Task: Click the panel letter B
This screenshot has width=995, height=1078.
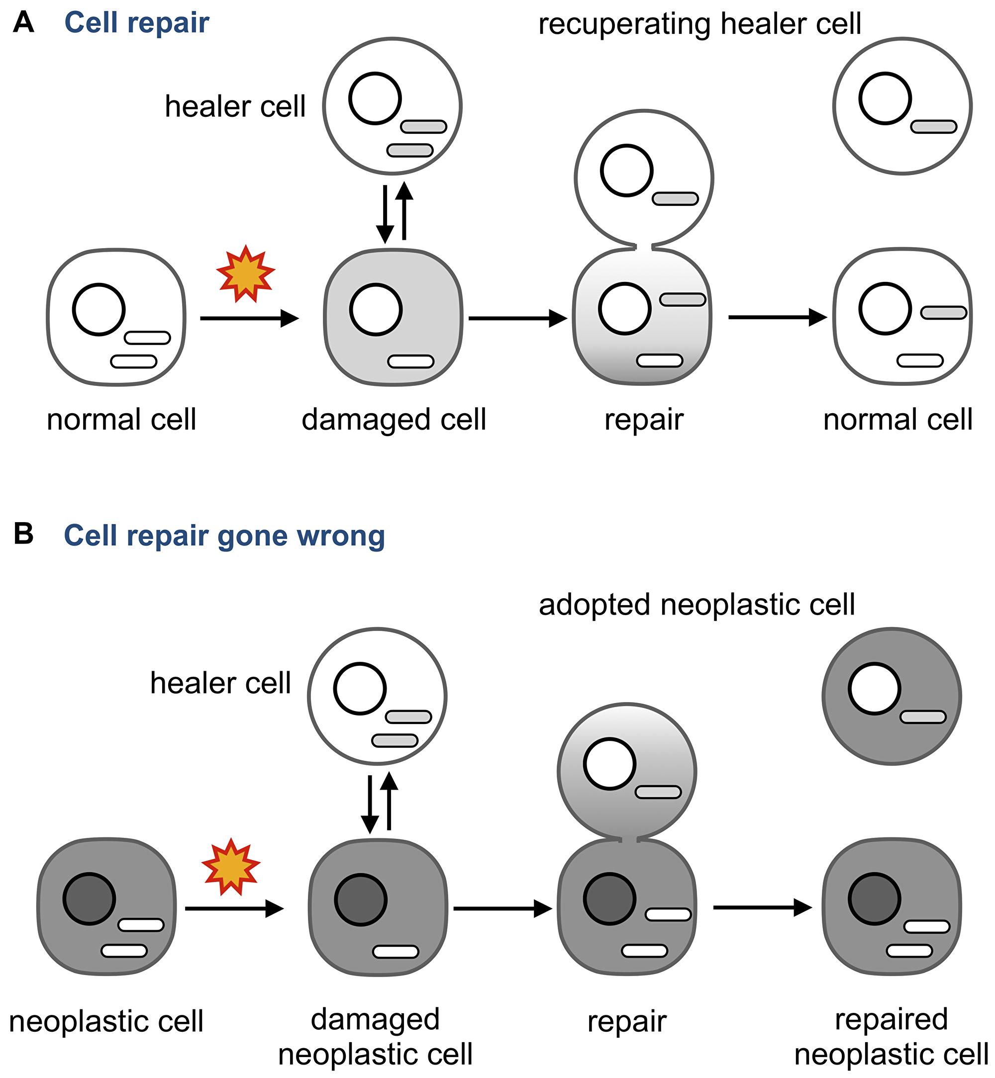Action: pos(23,534)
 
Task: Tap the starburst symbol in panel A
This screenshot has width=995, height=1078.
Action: pos(246,274)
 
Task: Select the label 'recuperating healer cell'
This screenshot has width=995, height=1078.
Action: pos(699,24)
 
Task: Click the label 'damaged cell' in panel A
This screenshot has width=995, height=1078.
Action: pos(394,419)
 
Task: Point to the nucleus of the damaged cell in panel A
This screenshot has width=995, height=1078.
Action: pos(376,309)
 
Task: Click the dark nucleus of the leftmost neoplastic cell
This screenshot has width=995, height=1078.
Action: pos(89,899)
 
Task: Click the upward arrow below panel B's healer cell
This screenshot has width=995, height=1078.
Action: pos(389,803)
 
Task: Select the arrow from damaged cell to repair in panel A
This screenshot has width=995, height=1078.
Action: pos(517,318)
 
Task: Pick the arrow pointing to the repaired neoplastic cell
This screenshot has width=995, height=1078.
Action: pos(762,907)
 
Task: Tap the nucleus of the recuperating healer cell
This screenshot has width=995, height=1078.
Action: pos(885,99)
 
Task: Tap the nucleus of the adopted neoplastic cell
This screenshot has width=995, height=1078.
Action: pos(874,688)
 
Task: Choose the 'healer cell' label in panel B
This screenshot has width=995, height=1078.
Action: pos(220,683)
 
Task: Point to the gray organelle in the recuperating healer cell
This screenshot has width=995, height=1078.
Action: pos(933,127)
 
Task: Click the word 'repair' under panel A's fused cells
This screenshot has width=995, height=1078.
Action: pos(643,419)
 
